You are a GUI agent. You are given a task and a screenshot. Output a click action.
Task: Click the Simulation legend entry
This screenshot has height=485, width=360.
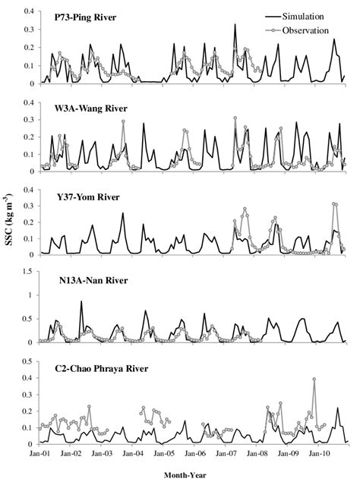click(307, 15)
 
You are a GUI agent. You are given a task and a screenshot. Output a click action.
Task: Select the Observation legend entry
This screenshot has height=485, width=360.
click(308, 30)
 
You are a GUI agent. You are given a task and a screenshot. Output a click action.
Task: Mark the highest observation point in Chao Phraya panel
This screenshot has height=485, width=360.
click(314, 379)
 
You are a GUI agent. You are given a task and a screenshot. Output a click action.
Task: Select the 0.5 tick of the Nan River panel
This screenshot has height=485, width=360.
click(26, 319)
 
